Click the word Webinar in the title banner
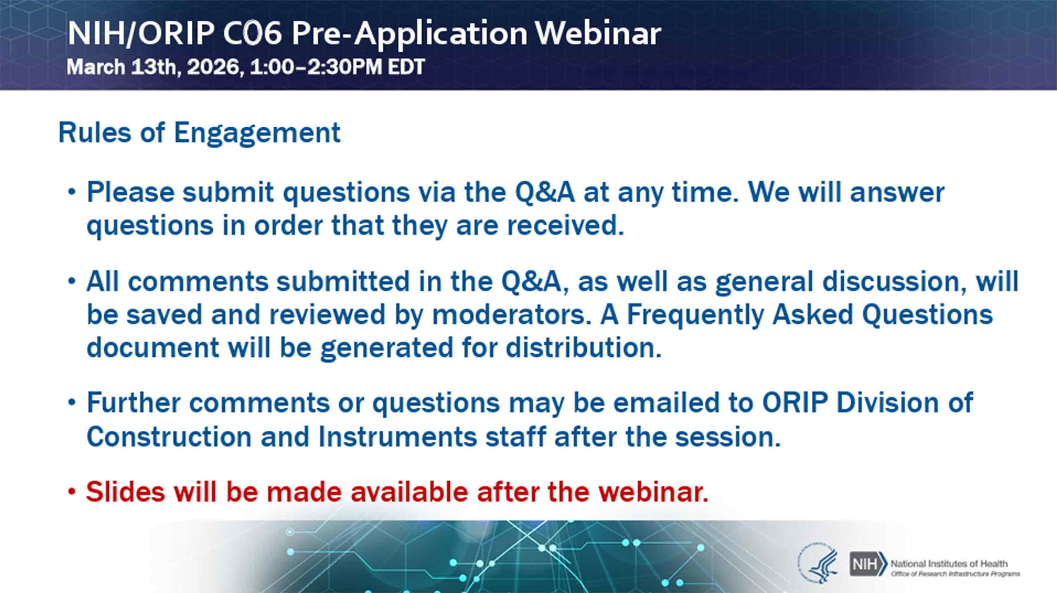point(598,33)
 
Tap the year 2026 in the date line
point(213,67)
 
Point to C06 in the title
point(252,33)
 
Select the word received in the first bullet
point(565,225)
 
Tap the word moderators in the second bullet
point(509,314)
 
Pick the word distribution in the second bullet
point(583,347)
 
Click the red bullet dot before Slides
point(72,491)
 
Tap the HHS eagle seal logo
point(817,562)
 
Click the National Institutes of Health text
point(949,564)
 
